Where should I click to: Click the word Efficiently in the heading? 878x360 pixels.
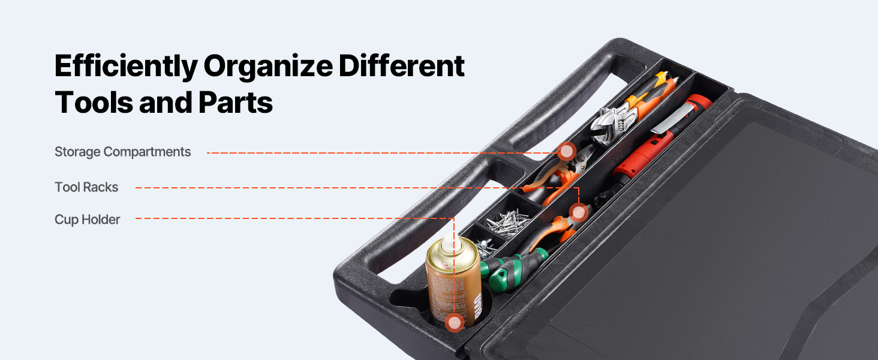[126, 66]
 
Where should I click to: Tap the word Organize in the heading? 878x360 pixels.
[268, 66]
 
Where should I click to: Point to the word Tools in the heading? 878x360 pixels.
[94, 103]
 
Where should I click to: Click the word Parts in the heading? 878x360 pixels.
[235, 103]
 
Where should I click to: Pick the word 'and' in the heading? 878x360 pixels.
[166, 103]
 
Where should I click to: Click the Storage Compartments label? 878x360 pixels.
[123, 152]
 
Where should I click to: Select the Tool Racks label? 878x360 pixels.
[86, 187]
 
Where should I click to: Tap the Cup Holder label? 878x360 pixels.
[87, 220]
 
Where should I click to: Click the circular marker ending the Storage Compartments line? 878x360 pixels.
[566, 151]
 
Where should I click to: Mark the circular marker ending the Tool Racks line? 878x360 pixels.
[579, 212]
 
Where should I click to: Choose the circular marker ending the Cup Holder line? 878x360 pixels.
[454, 323]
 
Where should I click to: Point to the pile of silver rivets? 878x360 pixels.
[508, 224]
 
